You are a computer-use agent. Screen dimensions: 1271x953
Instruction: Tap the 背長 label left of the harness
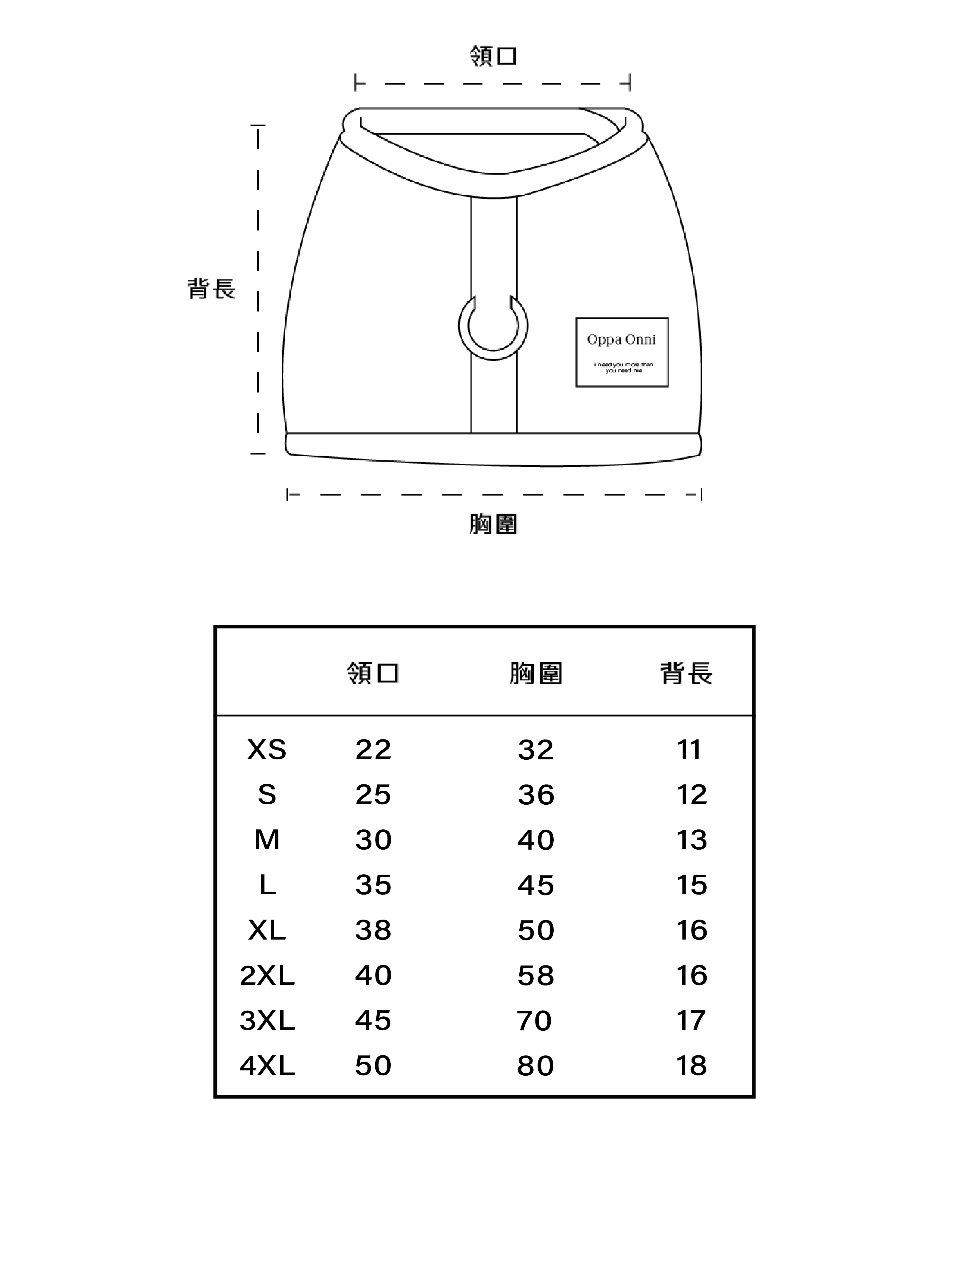click(211, 289)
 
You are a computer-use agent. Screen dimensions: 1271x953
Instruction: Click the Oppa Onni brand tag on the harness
click(621, 352)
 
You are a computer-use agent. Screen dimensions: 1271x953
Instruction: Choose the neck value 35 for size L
click(373, 885)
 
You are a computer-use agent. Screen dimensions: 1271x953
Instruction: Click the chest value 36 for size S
click(536, 795)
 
